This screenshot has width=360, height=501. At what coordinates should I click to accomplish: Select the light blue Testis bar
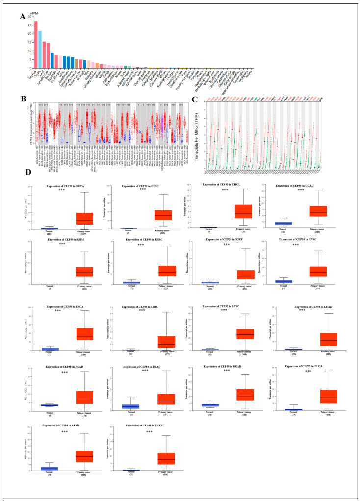tap(40, 50)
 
